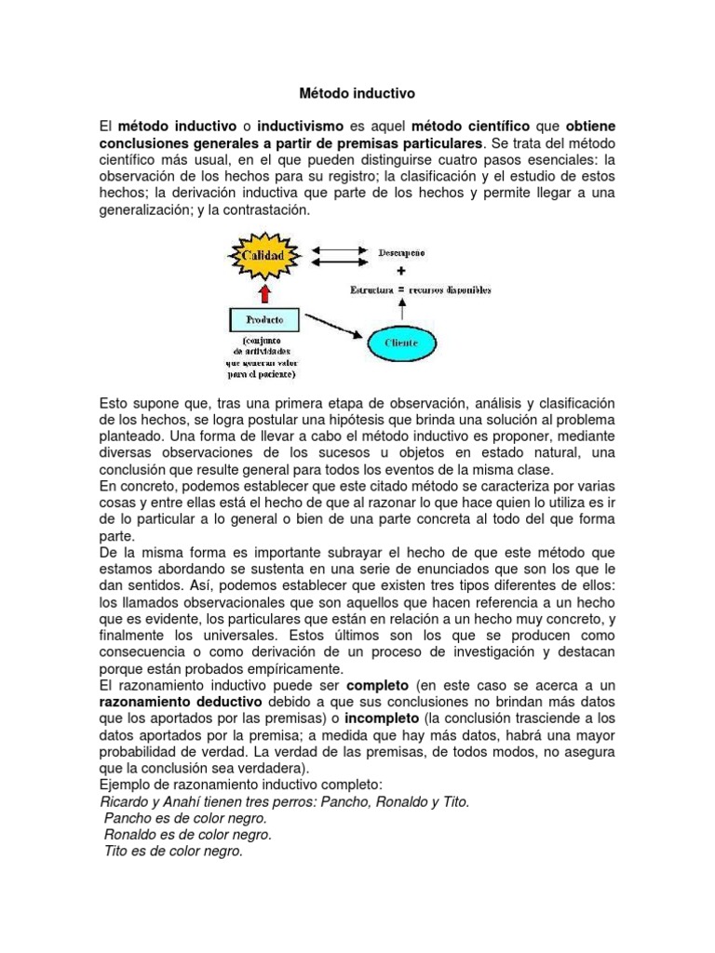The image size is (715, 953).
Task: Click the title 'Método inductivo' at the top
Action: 357,94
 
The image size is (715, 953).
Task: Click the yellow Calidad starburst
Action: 265,254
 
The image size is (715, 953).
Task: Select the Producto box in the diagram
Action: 265,320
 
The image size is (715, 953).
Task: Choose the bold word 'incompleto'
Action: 383,718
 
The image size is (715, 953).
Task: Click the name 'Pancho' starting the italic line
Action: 128,818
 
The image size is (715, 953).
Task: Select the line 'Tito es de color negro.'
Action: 173,852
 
